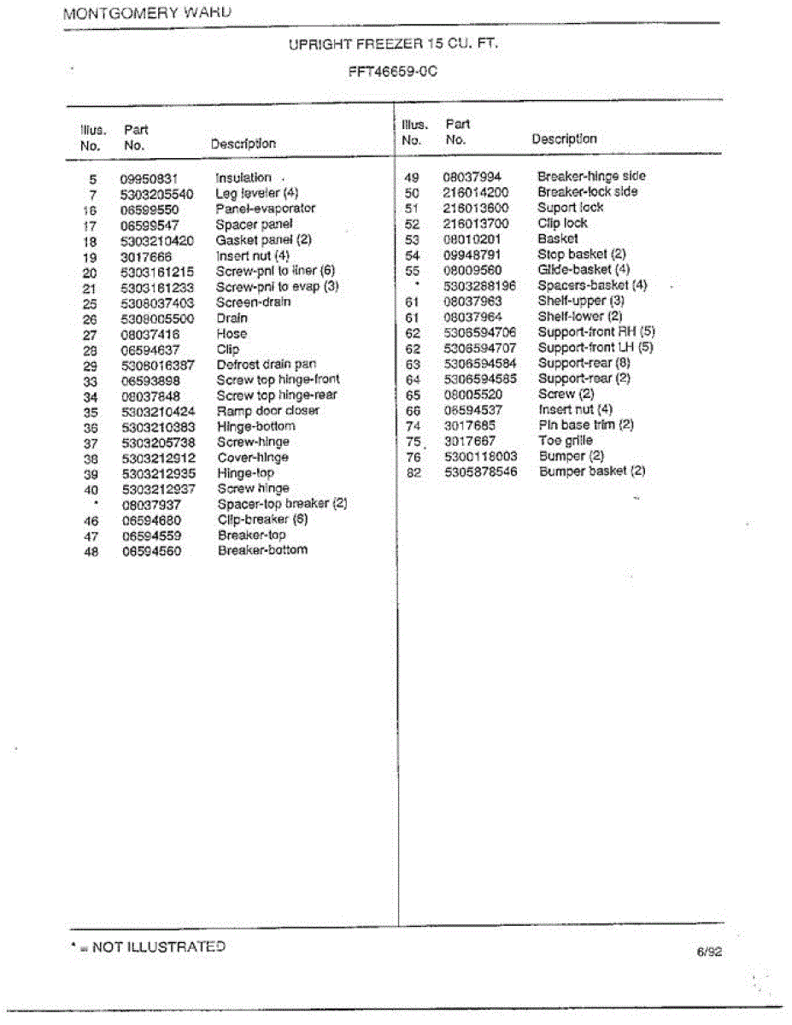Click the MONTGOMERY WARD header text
tap(147, 14)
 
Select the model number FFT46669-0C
tap(393, 72)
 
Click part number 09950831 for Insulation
tap(149, 179)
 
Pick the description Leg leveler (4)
tap(256, 193)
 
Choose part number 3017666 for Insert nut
tap(146, 256)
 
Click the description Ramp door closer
tap(267, 411)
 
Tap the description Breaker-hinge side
tap(591, 176)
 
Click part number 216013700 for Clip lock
tap(475, 223)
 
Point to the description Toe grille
tap(565, 441)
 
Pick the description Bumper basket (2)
tap(592, 471)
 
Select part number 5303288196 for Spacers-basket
tap(479, 285)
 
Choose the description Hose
tap(232, 334)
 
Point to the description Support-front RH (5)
tap(595, 331)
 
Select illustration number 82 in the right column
tap(414, 472)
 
